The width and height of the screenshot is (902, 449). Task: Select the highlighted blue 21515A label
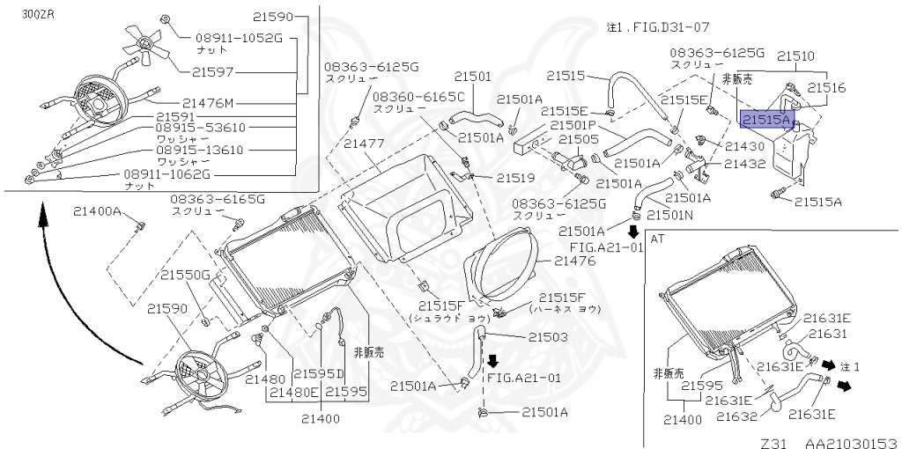pos(767,118)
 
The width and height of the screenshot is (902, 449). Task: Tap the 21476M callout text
pos(214,101)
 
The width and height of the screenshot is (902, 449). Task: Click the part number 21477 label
pos(365,144)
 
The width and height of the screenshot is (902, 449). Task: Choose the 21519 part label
pos(515,178)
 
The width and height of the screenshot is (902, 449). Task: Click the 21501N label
pos(669,214)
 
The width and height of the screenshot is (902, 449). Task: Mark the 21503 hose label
pos(548,337)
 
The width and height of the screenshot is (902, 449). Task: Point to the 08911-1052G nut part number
pos(226,38)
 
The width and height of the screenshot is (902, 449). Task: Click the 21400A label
pos(96,211)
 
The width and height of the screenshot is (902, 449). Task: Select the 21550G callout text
pos(184,275)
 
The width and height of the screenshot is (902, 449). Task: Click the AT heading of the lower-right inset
pos(657,239)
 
